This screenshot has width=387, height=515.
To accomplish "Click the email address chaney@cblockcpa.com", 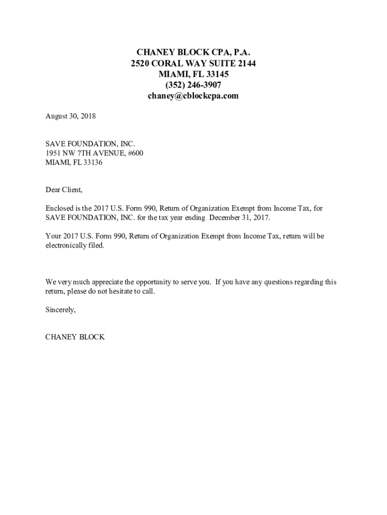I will click(x=193, y=96).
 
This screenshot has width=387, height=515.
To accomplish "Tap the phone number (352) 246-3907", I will click(x=193, y=85).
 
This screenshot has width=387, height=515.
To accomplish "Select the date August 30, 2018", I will click(x=70, y=116).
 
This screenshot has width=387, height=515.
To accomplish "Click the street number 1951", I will click(x=54, y=153).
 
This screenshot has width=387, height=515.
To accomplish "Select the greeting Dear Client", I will click(x=63, y=190).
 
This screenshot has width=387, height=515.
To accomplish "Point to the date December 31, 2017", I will click(x=240, y=218).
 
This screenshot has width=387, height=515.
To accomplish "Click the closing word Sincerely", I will click(x=60, y=310).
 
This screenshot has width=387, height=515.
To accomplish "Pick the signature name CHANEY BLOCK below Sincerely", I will click(x=75, y=337).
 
